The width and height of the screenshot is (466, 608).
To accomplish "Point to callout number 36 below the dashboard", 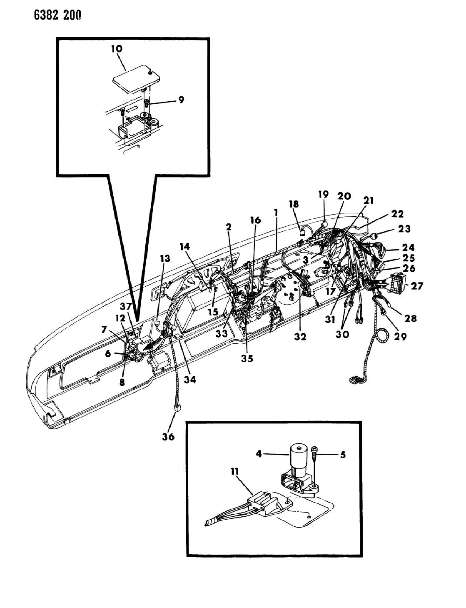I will pos(169,436).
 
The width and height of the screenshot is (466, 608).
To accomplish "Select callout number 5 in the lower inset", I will pos(343,455).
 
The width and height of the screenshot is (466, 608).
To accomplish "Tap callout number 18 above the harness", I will pos(294,204).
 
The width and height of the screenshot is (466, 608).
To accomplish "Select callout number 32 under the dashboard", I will pos(300,337).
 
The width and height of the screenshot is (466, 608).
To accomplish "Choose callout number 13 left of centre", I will pos(165,258).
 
